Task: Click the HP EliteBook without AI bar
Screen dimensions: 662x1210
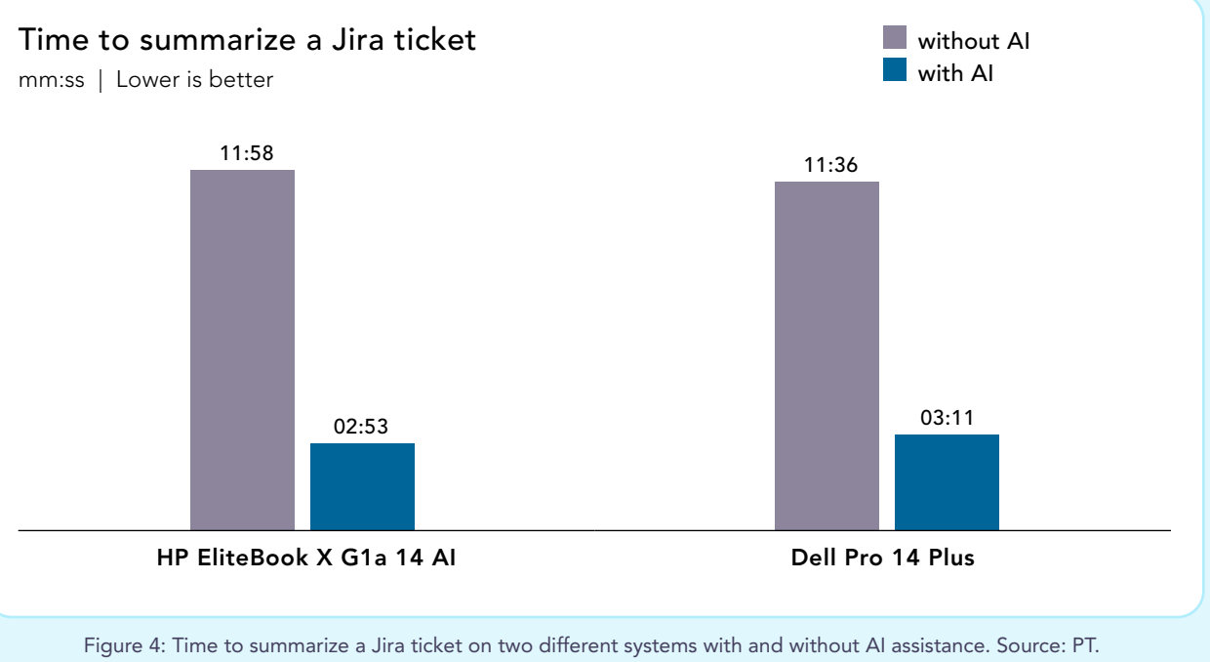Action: tap(242, 350)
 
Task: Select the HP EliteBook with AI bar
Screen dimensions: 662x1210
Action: tap(362, 486)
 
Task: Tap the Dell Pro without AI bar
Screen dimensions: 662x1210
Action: tap(827, 355)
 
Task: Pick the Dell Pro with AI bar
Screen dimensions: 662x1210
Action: tap(947, 482)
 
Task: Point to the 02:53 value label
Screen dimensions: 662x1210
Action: tap(362, 427)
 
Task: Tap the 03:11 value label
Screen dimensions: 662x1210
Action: tap(948, 418)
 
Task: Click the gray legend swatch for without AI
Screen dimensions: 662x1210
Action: tap(895, 38)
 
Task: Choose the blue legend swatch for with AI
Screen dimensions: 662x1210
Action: tap(895, 70)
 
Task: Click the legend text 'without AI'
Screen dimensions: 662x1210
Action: tap(974, 41)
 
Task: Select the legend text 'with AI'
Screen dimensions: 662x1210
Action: tap(955, 73)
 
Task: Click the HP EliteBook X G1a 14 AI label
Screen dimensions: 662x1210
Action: tap(306, 559)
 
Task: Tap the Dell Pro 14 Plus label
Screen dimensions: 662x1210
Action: tap(883, 559)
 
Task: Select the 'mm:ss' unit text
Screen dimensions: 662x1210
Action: tap(51, 80)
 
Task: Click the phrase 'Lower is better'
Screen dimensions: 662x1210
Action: tap(194, 80)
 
